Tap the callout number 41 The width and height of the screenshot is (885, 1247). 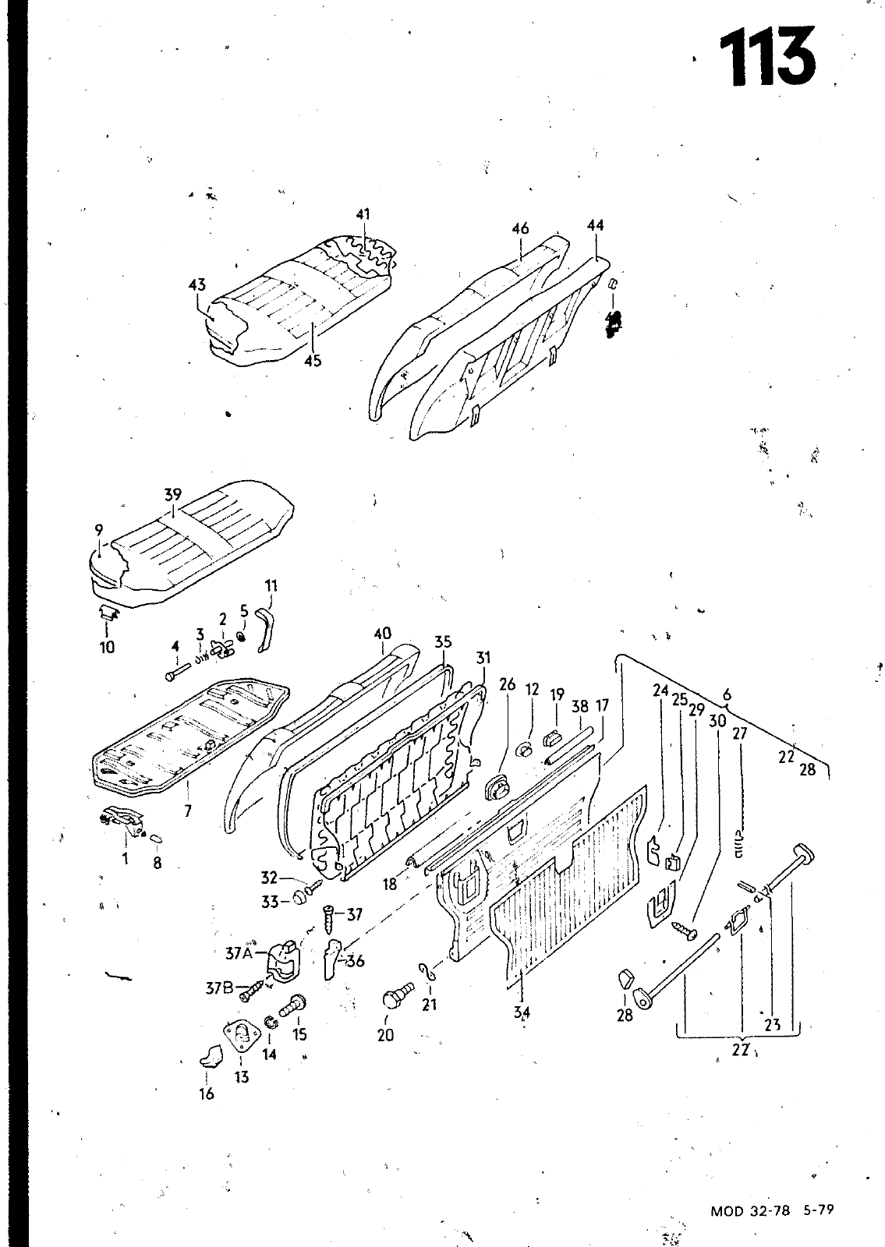363,214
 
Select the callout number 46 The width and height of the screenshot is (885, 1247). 520,228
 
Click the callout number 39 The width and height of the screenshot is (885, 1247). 172,494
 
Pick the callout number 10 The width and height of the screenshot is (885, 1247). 107,647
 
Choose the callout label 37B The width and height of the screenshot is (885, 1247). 219,989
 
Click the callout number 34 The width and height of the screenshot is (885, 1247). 522,1012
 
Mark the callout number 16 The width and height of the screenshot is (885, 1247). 206,1094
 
